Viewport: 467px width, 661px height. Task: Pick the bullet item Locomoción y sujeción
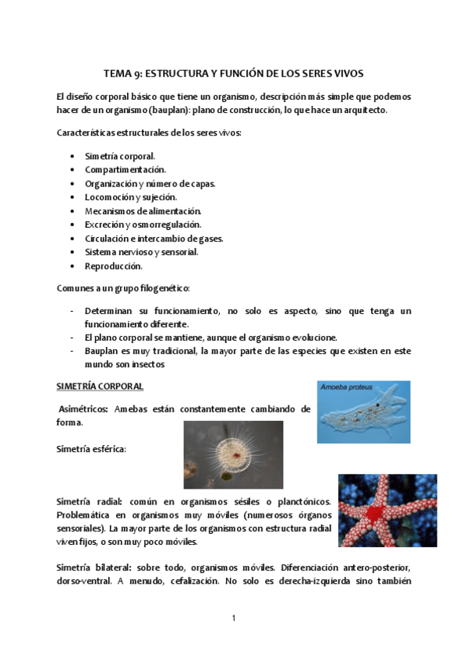pos(131,197)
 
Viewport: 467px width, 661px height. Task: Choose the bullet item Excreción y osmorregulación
pos(143,224)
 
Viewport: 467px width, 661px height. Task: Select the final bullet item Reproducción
pos(114,266)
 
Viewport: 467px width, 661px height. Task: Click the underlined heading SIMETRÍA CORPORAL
pos(100,386)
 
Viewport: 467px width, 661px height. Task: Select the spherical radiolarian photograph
pos(233,454)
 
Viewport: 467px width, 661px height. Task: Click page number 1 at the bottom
pos(233,619)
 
